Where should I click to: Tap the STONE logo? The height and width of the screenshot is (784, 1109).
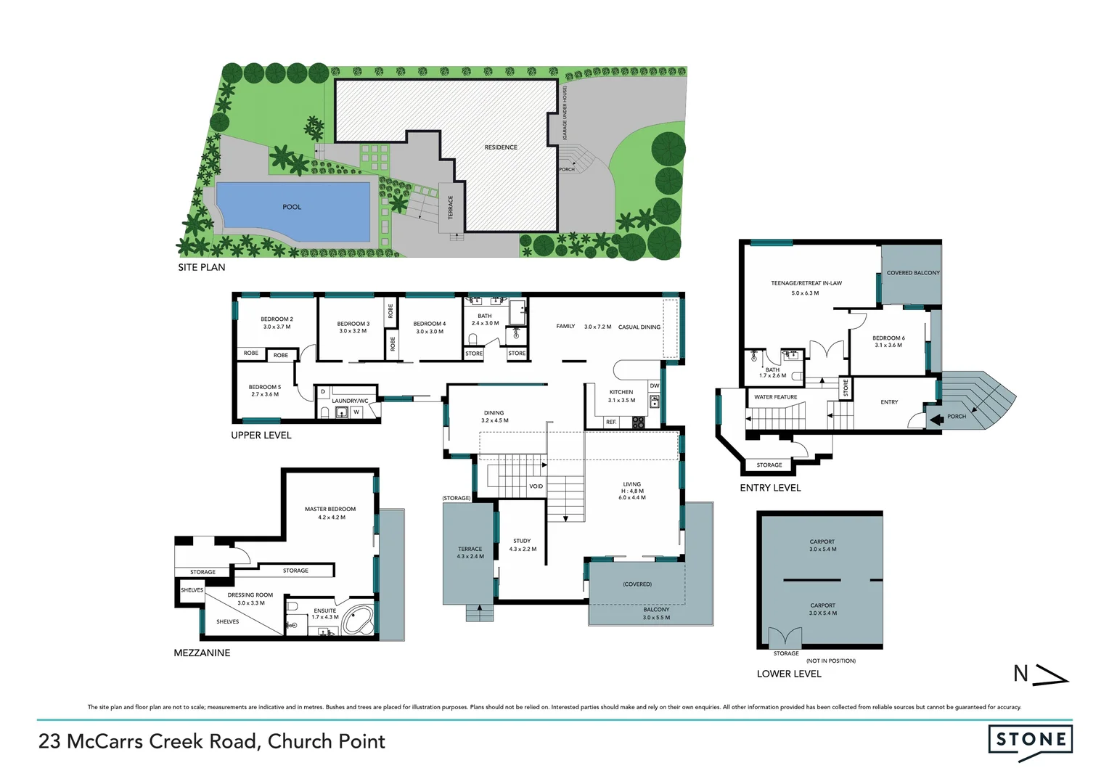tap(1030, 740)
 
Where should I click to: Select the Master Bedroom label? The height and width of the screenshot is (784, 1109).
tap(330, 510)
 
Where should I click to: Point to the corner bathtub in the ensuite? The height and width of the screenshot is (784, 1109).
tap(357, 619)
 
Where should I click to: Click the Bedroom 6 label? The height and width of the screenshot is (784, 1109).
tap(888, 338)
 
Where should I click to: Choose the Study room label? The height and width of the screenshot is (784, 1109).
tap(522, 541)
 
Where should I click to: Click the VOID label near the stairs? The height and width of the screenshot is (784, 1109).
tap(536, 486)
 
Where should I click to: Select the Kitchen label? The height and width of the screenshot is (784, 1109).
tap(621, 392)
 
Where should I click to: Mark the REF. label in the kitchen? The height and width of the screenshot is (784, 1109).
tap(611, 422)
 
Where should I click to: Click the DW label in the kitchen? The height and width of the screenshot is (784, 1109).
tap(654, 386)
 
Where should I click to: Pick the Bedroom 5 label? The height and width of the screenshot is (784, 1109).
tap(264, 387)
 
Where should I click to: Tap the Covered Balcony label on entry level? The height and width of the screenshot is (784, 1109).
tap(912, 273)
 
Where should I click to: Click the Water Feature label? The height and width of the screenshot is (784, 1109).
tap(775, 397)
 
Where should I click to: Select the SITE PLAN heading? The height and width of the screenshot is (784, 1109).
tap(202, 267)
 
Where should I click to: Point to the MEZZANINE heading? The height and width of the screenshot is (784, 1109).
tap(202, 653)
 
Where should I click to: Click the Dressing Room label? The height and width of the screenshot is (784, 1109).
tap(250, 595)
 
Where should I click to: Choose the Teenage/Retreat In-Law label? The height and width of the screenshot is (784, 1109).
tap(806, 283)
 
